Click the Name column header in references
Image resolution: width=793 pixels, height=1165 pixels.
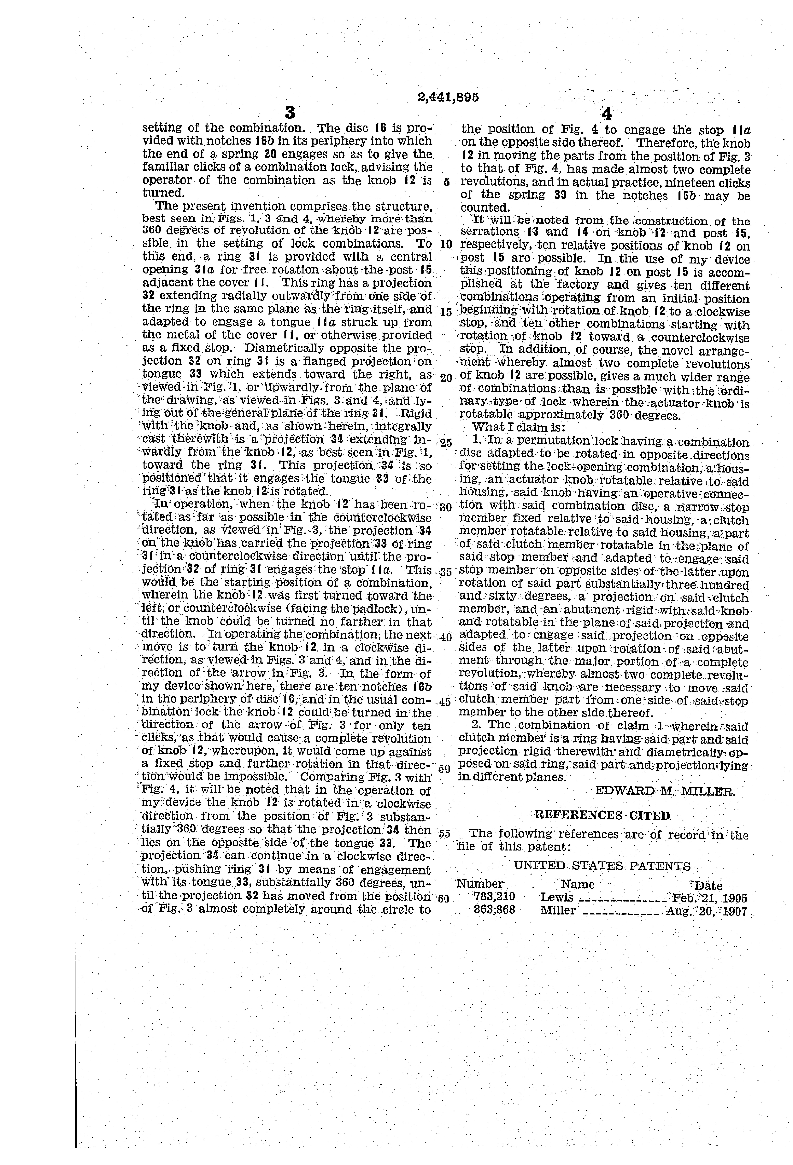577,884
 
